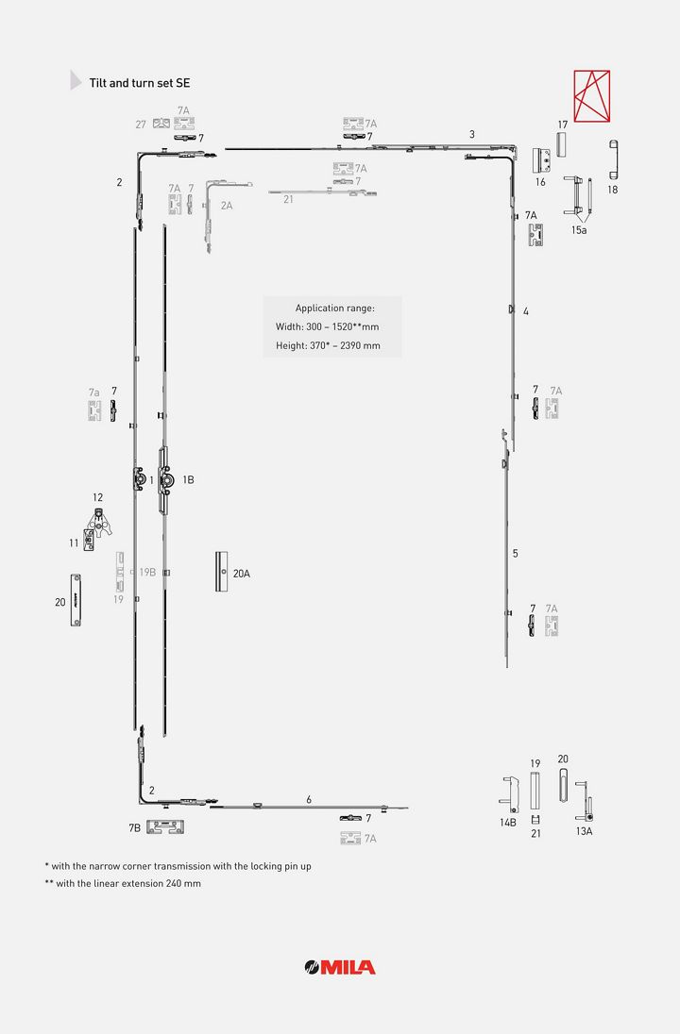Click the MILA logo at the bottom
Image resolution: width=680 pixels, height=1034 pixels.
click(340, 967)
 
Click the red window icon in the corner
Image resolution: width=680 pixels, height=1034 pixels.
click(591, 96)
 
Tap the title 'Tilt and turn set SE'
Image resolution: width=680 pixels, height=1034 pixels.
click(139, 83)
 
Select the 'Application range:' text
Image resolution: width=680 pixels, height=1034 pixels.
click(334, 308)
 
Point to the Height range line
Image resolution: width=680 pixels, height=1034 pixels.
click(328, 345)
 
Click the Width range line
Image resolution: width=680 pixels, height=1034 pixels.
click(328, 326)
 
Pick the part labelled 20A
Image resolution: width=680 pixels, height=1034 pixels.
click(221, 572)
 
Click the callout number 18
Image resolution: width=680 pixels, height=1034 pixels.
click(613, 190)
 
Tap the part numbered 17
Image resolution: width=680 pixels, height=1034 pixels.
click(561, 144)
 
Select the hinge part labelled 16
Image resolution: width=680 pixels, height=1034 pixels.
click(541, 160)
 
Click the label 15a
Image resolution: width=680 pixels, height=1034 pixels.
click(579, 230)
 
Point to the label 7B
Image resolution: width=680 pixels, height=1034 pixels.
click(135, 827)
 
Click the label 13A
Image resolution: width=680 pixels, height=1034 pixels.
click(585, 831)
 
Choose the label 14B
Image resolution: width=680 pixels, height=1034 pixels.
click(508, 823)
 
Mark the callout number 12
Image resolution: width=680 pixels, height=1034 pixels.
click(97, 498)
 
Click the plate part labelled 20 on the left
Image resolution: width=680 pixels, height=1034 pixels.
click(76, 600)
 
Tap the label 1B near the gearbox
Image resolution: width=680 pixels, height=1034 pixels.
click(188, 480)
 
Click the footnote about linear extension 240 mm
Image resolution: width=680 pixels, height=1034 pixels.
click(123, 884)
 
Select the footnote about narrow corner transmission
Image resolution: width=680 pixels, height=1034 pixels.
click(178, 866)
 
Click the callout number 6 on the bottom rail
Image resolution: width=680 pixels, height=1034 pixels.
click(309, 800)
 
